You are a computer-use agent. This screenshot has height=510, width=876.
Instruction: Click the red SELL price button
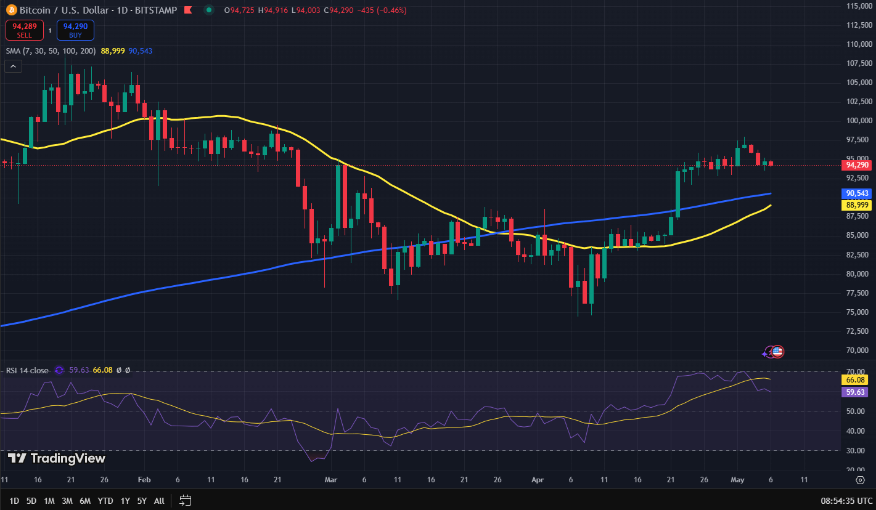click(x=24, y=30)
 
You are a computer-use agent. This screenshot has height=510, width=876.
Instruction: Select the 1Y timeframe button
click(x=125, y=501)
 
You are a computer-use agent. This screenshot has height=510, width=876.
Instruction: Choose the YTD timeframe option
click(x=105, y=501)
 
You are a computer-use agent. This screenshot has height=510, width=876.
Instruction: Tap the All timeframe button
click(x=159, y=501)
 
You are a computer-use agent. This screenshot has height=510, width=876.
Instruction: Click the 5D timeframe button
click(x=31, y=501)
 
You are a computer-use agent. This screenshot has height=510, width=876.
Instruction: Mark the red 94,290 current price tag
click(x=858, y=165)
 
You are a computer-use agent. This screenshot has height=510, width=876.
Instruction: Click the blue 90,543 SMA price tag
click(x=858, y=193)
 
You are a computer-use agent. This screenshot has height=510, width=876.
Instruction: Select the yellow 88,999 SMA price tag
click(x=858, y=205)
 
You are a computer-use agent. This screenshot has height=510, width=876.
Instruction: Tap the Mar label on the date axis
click(x=332, y=480)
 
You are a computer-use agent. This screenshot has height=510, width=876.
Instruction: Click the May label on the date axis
click(x=737, y=480)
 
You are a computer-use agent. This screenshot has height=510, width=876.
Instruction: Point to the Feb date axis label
click(x=144, y=480)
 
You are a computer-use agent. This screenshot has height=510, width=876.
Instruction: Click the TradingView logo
click(x=57, y=458)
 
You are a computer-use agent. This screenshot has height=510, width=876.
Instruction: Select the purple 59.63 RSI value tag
click(x=858, y=392)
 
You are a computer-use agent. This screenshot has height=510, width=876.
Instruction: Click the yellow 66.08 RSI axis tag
click(x=858, y=381)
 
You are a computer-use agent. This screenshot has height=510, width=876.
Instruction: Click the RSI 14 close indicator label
click(x=27, y=370)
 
